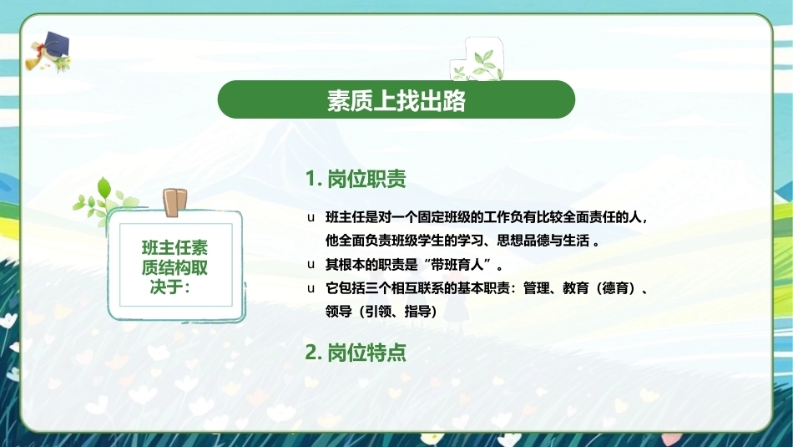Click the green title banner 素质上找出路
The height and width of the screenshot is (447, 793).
tap(396, 99)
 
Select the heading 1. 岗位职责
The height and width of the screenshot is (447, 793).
tap(356, 179)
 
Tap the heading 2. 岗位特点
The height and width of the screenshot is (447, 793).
tap(356, 353)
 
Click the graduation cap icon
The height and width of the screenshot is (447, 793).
tap(48, 52)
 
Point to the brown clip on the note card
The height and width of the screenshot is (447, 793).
tap(175, 202)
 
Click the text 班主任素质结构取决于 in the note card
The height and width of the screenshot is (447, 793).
tap(174, 267)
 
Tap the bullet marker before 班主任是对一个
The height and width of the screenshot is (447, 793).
tap(311, 218)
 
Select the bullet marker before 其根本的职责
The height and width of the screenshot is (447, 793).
tap(311, 264)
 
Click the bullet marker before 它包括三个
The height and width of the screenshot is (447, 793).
tap(311, 288)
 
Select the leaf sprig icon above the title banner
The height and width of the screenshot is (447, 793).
tap(477, 59)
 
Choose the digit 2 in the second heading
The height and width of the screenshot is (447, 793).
tap(311, 353)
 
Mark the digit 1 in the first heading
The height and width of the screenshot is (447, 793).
tap(311, 179)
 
